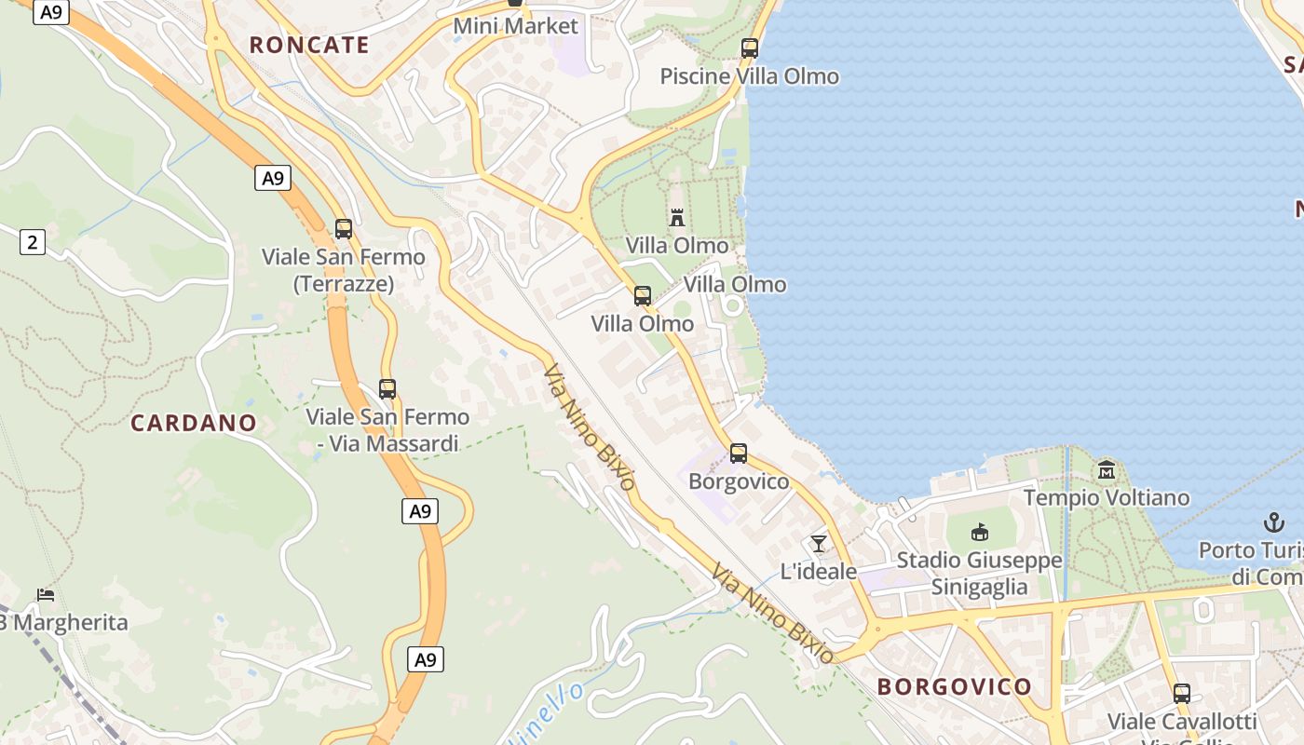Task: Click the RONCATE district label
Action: click(x=309, y=45)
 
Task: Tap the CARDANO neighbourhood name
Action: click(x=194, y=423)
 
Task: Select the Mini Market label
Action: click(x=515, y=26)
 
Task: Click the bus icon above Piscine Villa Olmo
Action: click(x=750, y=48)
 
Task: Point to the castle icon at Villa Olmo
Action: click(x=677, y=218)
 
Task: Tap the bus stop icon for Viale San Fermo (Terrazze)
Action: click(x=344, y=228)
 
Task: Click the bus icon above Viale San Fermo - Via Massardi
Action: click(x=387, y=388)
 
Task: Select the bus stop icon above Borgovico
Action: click(x=739, y=454)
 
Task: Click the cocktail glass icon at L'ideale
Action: click(x=819, y=543)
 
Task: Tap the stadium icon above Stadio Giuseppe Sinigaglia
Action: click(x=979, y=532)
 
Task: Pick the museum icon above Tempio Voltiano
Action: click(x=1107, y=469)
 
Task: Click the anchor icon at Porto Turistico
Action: click(x=1273, y=521)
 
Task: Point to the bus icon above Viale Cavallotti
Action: click(x=1182, y=693)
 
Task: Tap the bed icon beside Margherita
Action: click(x=46, y=594)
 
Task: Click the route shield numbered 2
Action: click(x=33, y=243)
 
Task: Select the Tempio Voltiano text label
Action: click(x=1107, y=497)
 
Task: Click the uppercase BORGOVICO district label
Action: click(x=955, y=687)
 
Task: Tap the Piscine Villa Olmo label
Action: click(x=750, y=76)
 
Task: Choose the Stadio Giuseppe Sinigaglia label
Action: click(x=979, y=574)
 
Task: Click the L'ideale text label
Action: click(x=819, y=571)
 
